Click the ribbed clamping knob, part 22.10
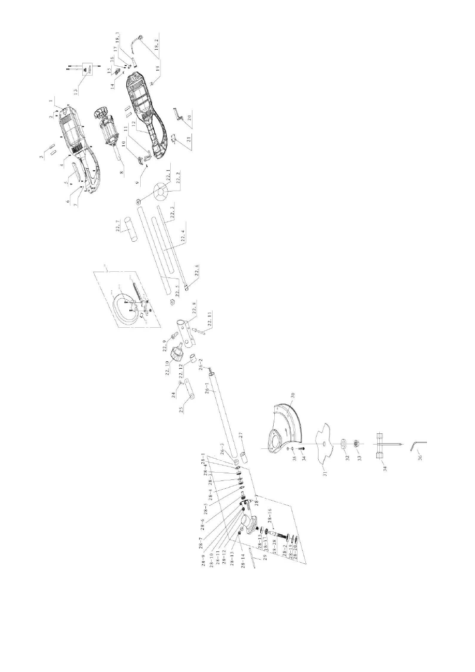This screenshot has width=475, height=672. pyautogui.click(x=178, y=356)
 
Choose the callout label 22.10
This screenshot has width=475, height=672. pyautogui.click(x=169, y=372)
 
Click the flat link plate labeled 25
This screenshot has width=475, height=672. pyautogui.click(x=188, y=388)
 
